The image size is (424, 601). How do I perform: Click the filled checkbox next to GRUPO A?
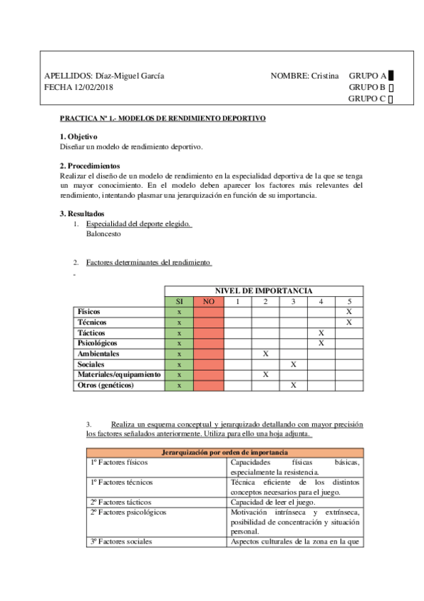391,76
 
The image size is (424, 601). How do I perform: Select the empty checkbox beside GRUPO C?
391,100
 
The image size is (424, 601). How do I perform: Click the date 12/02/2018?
93,88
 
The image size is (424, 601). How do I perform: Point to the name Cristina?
325,76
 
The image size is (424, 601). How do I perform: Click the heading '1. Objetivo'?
79,136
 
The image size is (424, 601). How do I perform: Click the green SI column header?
179,301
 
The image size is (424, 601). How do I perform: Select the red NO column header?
208,301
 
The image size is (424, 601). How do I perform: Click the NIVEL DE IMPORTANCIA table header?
263,291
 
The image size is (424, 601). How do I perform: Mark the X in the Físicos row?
349,312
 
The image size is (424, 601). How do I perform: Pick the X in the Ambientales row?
265,353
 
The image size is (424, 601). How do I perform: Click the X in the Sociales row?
293,364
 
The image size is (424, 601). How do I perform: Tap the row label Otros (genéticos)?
105,385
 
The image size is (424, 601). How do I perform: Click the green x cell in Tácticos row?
179,332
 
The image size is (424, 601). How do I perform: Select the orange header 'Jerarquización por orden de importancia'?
224,452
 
